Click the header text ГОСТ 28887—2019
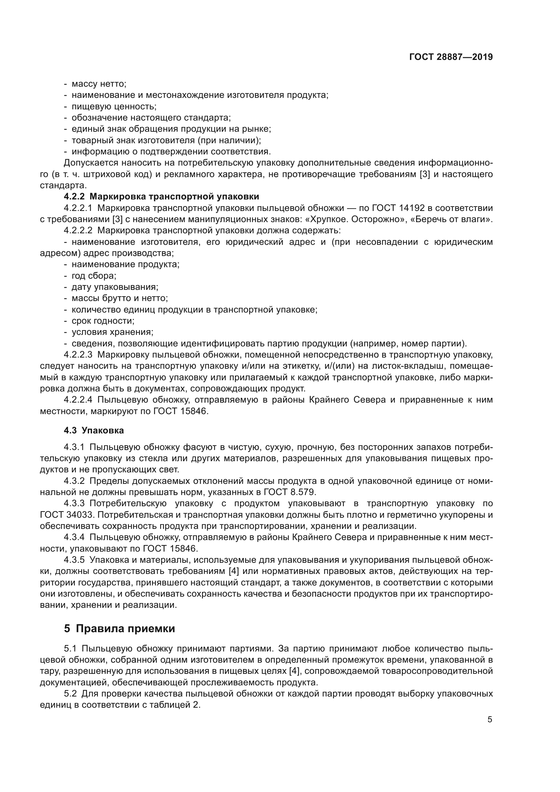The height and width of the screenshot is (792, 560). click(x=451, y=57)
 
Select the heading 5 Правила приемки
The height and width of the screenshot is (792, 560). click(x=119, y=628)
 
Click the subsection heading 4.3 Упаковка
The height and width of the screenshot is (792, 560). click(x=94, y=430)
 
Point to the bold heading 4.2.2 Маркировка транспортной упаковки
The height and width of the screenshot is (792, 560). click(x=161, y=197)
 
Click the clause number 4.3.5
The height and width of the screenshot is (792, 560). click(x=74, y=560)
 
